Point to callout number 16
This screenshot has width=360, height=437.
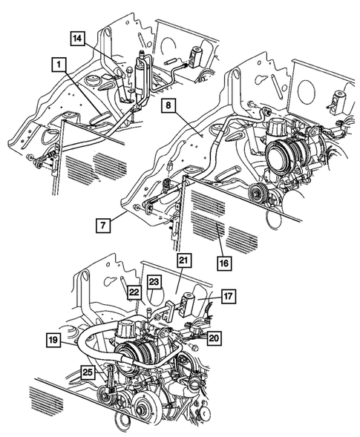(222, 260)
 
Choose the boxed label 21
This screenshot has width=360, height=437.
(183, 260)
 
